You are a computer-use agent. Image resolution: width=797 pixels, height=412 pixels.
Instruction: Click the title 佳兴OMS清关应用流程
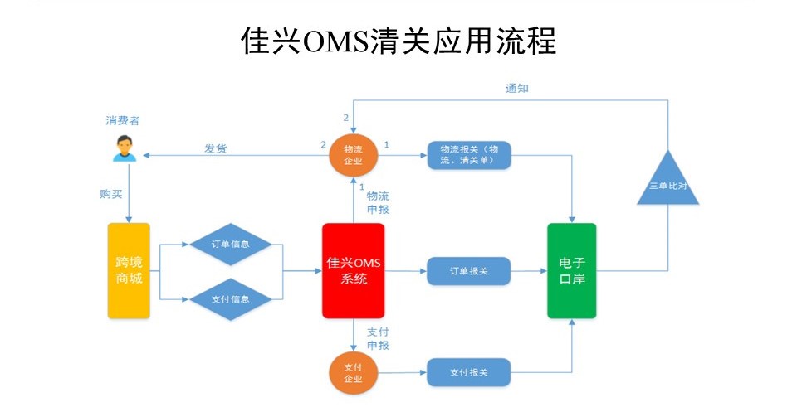(x=398, y=41)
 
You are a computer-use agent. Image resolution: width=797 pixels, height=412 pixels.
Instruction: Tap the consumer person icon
(x=125, y=148)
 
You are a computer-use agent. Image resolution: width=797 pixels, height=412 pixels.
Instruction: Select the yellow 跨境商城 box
(x=129, y=271)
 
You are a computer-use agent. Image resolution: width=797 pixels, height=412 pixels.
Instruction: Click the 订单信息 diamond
(x=231, y=244)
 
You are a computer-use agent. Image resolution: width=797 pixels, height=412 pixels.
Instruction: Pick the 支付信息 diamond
(x=231, y=299)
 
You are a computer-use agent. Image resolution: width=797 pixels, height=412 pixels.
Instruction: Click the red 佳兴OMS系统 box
(x=354, y=271)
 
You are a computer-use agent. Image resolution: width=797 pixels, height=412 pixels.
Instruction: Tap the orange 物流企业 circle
(x=354, y=155)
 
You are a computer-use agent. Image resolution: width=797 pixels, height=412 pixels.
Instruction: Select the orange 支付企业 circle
(x=354, y=373)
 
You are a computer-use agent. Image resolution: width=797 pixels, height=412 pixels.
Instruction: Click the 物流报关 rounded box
(x=468, y=155)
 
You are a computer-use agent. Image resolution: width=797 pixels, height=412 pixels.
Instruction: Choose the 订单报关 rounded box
(x=468, y=271)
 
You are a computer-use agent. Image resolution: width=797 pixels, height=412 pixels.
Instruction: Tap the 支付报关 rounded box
(x=468, y=372)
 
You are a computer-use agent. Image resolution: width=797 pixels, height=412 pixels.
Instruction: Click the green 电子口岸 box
(x=572, y=271)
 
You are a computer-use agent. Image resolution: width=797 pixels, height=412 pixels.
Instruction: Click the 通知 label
(x=517, y=88)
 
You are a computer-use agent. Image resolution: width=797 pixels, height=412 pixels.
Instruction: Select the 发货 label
(x=216, y=148)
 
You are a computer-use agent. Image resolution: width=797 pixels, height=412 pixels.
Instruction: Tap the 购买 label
(x=111, y=194)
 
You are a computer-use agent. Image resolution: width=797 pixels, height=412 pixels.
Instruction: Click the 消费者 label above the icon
(x=123, y=121)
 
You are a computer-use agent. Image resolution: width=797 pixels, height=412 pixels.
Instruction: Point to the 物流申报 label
(x=379, y=202)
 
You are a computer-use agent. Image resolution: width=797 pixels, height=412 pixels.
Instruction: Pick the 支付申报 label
(x=379, y=338)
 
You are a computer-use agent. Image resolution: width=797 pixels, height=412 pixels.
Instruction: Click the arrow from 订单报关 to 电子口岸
(x=529, y=271)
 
